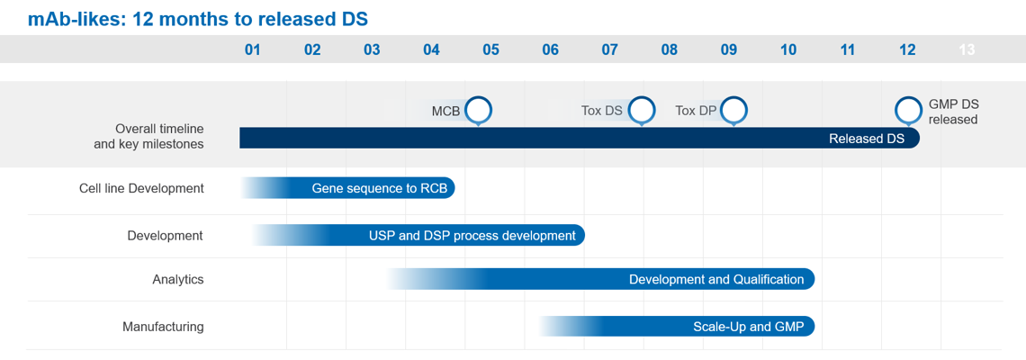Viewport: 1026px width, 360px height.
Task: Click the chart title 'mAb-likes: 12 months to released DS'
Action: coord(198,19)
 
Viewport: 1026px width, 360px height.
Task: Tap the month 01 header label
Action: coord(253,49)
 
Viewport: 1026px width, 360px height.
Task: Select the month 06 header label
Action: coord(550,49)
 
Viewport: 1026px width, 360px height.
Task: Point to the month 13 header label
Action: coord(967,49)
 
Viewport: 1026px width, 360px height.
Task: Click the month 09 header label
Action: coord(729,49)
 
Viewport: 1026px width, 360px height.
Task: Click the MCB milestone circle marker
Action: coord(478,111)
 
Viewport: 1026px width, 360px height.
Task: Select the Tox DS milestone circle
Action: coord(642,111)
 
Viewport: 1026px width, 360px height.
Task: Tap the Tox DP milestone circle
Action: coord(733,111)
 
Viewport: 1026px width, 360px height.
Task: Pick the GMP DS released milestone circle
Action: coord(907,111)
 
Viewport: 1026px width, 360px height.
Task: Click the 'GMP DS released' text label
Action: coord(953,112)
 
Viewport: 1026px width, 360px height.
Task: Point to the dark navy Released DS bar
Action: coord(580,138)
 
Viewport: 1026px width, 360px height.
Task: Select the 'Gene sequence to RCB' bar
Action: coord(347,188)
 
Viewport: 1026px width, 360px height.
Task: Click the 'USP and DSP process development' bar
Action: coord(418,236)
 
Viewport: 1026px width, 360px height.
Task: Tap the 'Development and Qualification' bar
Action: coord(600,280)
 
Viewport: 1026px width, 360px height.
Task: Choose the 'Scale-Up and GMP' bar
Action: coord(677,326)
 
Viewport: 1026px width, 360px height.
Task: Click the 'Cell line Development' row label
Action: coord(141,188)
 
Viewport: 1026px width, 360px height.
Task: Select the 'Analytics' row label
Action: coord(178,280)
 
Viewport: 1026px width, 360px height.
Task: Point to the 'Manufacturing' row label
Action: coord(163,326)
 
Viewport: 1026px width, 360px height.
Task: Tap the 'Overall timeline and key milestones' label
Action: coord(149,136)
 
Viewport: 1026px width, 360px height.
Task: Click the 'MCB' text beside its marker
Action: coord(445,111)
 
